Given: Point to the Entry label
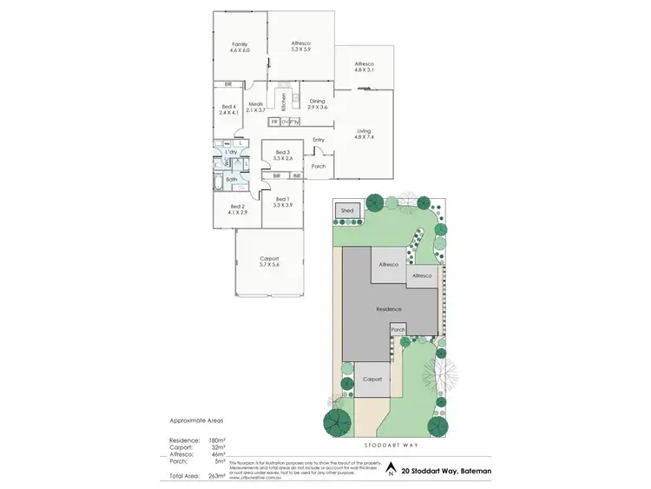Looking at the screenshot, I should [318, 140].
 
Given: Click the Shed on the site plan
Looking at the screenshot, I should [347, 211].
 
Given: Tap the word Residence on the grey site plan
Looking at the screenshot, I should [388, 308].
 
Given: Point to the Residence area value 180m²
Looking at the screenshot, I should [217, 441].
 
